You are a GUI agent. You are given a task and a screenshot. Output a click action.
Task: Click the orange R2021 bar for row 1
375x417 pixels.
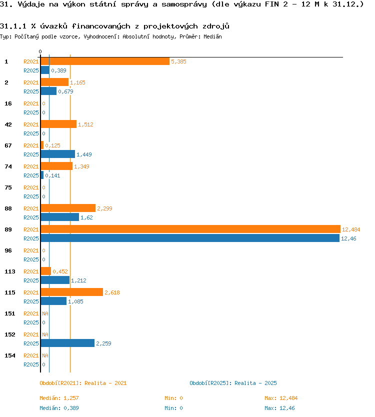point(105,61)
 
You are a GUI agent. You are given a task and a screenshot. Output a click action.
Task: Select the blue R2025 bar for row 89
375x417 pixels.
point(190,238)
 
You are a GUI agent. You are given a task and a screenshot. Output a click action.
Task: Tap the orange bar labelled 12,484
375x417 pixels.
point(190,229)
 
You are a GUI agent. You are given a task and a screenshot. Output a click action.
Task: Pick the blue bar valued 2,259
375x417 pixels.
point(67,343)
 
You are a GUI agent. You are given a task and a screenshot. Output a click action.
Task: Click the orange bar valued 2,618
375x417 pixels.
point(72,292)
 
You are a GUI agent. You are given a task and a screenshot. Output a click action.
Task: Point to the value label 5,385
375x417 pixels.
point(178,61)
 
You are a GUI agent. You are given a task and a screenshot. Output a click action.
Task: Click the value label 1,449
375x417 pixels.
point(84,154)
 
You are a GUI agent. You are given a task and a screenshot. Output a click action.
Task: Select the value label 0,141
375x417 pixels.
point(52,175)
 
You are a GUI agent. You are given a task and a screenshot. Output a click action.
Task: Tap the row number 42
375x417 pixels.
point(8,124)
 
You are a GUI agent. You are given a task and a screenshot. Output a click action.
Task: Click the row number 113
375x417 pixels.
point(10,271)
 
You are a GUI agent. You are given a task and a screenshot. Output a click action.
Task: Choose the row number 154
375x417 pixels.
point(10,355)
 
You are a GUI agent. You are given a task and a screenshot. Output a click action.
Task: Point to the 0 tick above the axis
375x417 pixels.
point(40,51)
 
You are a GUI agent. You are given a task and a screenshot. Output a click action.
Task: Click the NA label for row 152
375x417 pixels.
point(45,334)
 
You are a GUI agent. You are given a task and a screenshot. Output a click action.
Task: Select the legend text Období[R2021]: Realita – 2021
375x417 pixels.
point(83,383)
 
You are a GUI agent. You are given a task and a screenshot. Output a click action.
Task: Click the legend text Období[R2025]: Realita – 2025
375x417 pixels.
point(233,383)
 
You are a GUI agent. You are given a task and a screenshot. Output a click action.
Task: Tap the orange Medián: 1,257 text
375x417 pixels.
point(59,398)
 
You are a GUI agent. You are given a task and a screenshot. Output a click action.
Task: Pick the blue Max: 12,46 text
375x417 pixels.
point(279,408)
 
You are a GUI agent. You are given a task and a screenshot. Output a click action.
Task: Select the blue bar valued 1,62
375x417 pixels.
point(60,217)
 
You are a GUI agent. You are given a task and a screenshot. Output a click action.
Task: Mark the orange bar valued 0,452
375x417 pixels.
point(45,271)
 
